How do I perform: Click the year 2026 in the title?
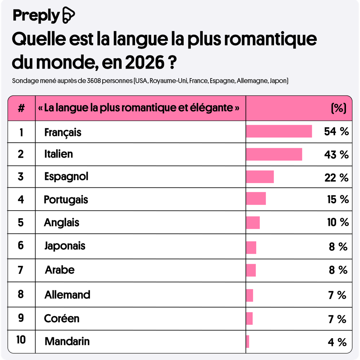click(x=144, y=63)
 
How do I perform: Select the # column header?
click(x=21, y=108)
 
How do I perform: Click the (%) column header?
click(x=339, y=108)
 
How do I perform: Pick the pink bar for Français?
click(x=279, y=131)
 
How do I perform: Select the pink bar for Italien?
click(x=274, y=154)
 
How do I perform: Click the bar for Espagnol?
click(x=260, y=177)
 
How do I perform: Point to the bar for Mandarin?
click(x=247, y=341)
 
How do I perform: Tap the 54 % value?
click(x=336, y=131)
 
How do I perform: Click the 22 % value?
click(x=336, y=178)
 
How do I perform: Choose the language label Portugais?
click(x=66, y=200)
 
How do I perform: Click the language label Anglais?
click(x=62, y=223)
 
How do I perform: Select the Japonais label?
click(x=65, y=246)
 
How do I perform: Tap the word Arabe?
click(x=60, y=270)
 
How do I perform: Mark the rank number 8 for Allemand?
click(x=21, y=294)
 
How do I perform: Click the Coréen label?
click(x=62, y=319)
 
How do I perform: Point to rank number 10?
click(x=21, y=340)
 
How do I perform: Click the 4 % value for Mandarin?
click(x=337, y=342)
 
